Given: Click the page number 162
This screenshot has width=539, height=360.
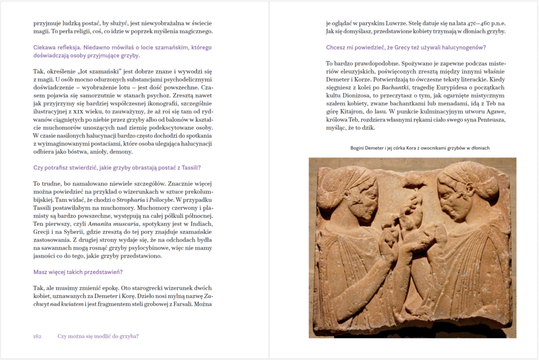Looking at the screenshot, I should (37, 336).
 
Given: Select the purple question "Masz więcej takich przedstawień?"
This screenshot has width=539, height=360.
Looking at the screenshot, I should (78, 272).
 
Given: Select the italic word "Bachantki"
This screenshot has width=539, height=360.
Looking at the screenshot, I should (395, 87).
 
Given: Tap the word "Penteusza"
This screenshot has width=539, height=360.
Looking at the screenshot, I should (487, 119).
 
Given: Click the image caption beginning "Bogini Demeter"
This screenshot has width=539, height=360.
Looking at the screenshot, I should (420, 148).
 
